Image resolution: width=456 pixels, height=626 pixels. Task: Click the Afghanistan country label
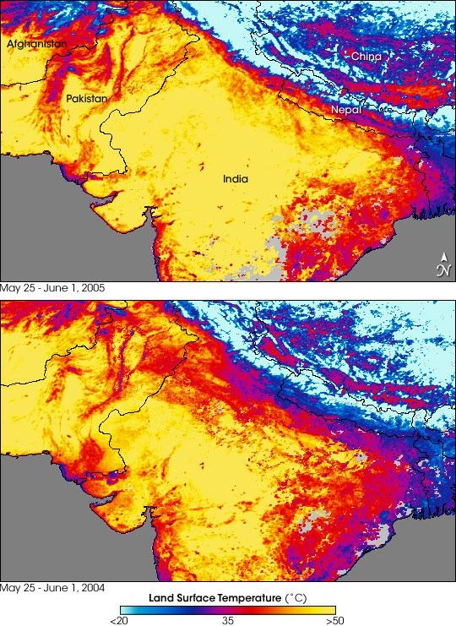click(x=36, y=43)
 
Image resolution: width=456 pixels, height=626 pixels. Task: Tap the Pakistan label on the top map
click(x=87, y=99)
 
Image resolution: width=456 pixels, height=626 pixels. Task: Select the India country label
click(x=236, y=178)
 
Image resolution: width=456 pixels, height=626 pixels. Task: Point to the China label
click(x=366, y=56)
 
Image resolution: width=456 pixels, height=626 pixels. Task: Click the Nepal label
click(x=345, y=110)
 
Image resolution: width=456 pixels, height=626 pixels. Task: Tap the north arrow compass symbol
click(x=442, y=264)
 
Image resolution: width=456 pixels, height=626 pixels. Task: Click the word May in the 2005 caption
click(x=11, y=288)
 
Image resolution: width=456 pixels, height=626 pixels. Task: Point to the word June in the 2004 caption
click(x=52, y=586)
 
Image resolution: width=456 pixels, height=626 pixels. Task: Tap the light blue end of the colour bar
click(x=127, y=608)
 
